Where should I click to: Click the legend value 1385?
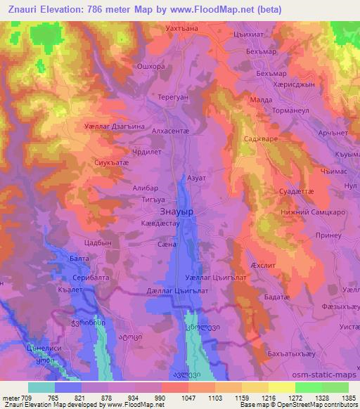tap(349, 398)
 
